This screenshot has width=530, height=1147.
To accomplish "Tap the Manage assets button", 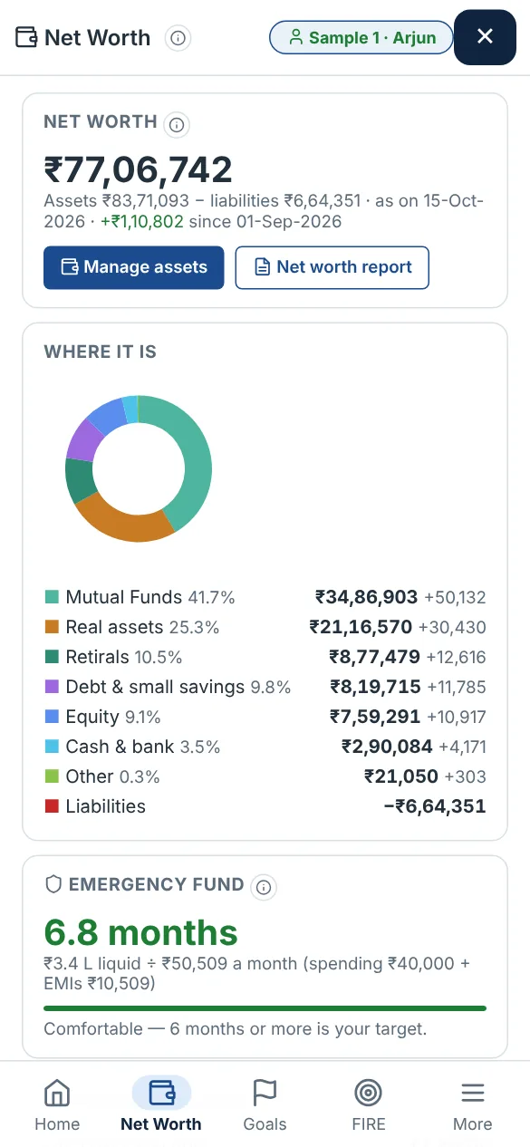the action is point(134,267).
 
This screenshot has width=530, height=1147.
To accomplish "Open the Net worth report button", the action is point(332,267).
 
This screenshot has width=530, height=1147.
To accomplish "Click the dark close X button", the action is point(485,37).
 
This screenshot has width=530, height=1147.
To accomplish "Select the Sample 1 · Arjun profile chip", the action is point(361,37).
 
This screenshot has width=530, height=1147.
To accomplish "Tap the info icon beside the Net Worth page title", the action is point(178,38).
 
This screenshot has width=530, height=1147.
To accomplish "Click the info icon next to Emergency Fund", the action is point(264,887).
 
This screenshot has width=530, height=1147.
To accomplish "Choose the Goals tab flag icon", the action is point(265,1094).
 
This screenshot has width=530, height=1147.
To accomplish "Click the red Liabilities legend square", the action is point(52,806).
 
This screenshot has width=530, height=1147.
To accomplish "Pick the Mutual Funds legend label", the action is point(123,597).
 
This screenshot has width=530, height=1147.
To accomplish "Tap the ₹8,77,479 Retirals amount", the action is point(374,657).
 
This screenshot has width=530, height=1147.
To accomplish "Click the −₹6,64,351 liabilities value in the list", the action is point(435,806).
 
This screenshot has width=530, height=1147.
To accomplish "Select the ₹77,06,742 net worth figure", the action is point(139,169).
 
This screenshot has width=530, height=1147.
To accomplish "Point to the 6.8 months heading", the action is point(140,932).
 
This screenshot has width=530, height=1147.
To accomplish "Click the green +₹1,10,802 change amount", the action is point(142,222).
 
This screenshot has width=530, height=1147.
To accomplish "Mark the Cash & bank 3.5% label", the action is point(143,747).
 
